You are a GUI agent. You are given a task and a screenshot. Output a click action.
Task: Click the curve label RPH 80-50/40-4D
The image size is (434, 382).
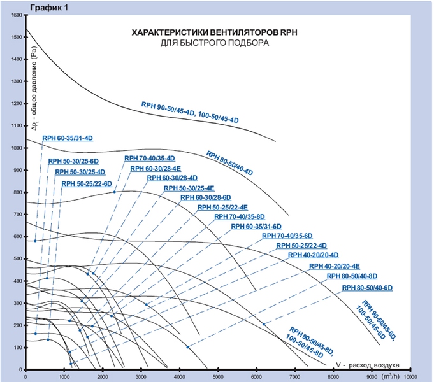[x=229, y=163]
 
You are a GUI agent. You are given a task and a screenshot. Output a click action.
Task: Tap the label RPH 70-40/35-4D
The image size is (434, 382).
[x=149, y=158]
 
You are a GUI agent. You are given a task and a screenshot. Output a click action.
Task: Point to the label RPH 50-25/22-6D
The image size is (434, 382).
[x=86, y=183]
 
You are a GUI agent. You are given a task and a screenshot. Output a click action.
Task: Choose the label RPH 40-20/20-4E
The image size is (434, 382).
[x=335, y=265]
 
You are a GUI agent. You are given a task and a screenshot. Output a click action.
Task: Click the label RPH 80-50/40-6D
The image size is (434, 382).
[x=367, y=288]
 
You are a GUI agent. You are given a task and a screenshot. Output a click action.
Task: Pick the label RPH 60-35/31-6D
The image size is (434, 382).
[x=256, y=226]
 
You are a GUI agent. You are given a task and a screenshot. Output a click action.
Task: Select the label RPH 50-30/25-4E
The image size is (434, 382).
[x=189, y=188]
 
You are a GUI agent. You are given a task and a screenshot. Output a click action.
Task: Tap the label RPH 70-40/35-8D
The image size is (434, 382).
[x=239, y=217]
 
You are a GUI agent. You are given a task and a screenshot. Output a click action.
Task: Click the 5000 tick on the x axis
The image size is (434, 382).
[x=218, y=377]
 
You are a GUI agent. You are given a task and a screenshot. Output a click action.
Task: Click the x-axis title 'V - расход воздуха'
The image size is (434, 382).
[x=367, y=365]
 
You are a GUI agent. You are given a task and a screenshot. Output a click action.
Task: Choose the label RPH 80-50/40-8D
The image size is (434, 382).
[x=352, y=277]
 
